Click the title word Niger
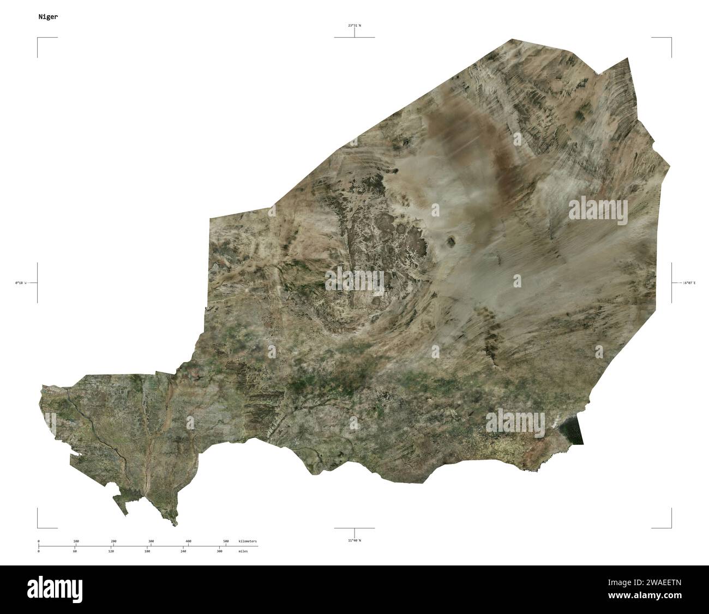click(x=48, y=17)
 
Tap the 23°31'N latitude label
click(x=354, y=25)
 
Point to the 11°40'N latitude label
click(x=354, y=540)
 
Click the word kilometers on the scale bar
click(x=248, y=541)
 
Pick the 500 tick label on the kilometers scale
click(x=226, y=541)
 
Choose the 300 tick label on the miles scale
click(x=219, y=551)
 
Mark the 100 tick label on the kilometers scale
click(x=76, y=541)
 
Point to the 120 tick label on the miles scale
click(x=111, y=551)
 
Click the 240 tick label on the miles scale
click(x=183, y=551)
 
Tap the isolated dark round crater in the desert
click(x=452, y=240)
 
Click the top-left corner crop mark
click(x=38, y=38)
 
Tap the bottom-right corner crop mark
click(x=670, y=527)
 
